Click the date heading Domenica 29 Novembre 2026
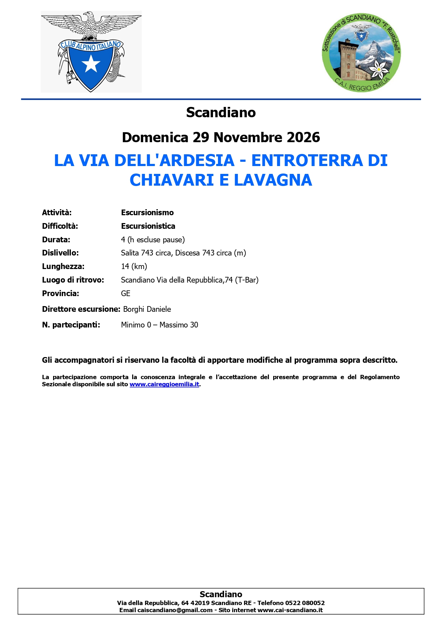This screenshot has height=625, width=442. pos(221,138)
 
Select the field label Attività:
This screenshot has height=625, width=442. pos(57,213)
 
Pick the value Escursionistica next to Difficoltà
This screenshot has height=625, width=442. pos(148,226)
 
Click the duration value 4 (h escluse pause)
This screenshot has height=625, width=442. pos(153,240)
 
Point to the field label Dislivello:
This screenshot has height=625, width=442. pos(60,253)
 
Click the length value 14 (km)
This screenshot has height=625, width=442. pos(134,267)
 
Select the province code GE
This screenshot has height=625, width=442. pos(126,294)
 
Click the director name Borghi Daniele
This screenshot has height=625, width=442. pos(147,309)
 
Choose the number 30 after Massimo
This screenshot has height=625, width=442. pos(194,325)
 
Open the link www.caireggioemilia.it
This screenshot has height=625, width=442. pos(164,384)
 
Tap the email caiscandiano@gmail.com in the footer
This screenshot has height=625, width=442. pos(175,610)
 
